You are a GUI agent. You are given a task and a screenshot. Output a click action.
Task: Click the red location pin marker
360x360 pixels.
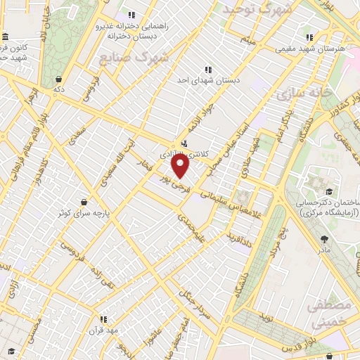click(x=181, y=166)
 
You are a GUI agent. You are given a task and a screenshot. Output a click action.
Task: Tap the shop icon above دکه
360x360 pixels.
click(x=60, y=79)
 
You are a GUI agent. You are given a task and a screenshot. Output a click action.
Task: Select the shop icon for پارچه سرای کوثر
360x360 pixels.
click(x=84, y=202)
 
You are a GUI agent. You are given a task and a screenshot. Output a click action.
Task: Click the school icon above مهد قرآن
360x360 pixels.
click(x=103, y=319)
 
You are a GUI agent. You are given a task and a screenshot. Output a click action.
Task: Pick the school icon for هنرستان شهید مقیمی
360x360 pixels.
click(x=308, y=38)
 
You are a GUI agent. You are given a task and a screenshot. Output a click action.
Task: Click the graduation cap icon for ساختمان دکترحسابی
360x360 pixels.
click(x=327, y=192)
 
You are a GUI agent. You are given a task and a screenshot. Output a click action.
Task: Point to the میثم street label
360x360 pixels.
click(x=245, y=39)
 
